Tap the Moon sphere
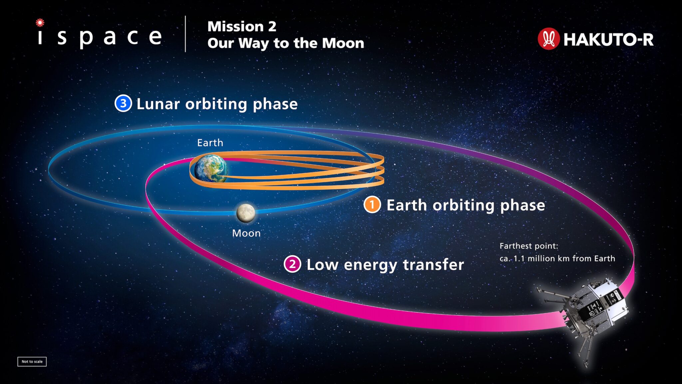tap(246, 213)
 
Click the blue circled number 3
tap(123, 103)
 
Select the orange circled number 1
tap(372, 205)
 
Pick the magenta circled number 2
tap(292, 264)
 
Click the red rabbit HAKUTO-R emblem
tap(548, 39)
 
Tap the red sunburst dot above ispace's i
tap(40, 23)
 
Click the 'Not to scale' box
tap(32, 361)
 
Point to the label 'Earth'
tap(210, 143)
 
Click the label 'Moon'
tap(246, 233)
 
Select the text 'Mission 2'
tap(242, 26)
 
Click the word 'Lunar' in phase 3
tap(158, 104)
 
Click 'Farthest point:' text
tap(528, 246)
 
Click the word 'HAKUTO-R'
tap(608, 40)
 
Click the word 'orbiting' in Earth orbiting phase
tap(463, 205)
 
